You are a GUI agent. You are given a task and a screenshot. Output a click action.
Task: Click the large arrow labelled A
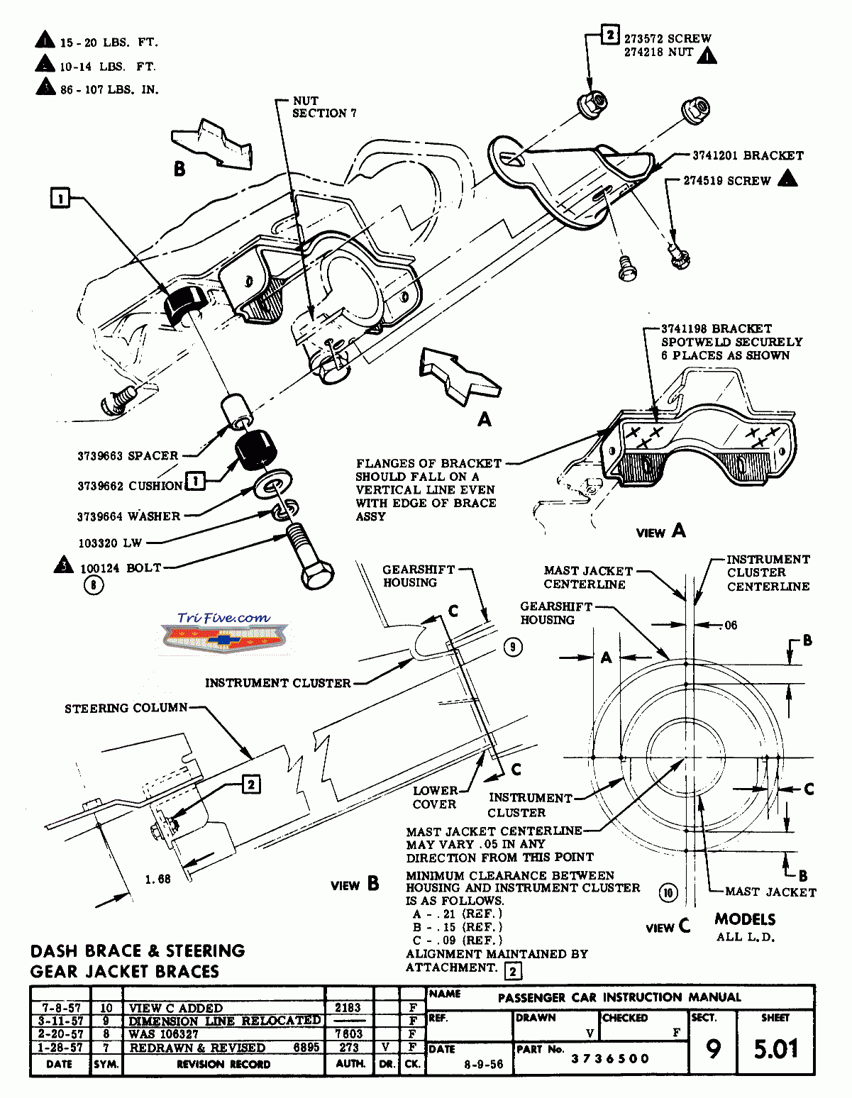pos(458,372)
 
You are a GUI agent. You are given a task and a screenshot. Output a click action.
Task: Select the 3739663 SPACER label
pos(128,456)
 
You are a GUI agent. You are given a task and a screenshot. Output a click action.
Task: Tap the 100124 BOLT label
pos(121,568)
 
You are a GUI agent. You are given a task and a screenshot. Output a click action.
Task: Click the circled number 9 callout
pos(513,646)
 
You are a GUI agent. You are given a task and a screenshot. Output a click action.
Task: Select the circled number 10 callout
pos(668,892)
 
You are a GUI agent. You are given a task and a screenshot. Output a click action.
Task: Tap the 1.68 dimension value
pos(157,880)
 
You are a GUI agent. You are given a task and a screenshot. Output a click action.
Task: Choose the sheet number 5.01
pos(775,1049)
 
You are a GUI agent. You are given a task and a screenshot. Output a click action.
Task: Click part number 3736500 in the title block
pos(610,1059)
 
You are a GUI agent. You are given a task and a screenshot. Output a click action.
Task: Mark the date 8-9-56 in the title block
pos(483,1065)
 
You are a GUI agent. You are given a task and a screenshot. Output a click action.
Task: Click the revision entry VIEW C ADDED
pos(176,1008)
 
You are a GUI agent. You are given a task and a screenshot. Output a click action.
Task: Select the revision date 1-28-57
pos(62,1048)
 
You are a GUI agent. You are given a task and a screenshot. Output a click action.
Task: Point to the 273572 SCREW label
pos(668,38)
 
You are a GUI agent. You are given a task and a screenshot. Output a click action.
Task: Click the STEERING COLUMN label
pos(126,708)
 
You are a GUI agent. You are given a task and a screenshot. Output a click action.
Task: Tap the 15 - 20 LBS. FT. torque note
pos(109,43)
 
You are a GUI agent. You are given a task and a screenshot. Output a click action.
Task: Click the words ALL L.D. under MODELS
pos(745,937)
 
